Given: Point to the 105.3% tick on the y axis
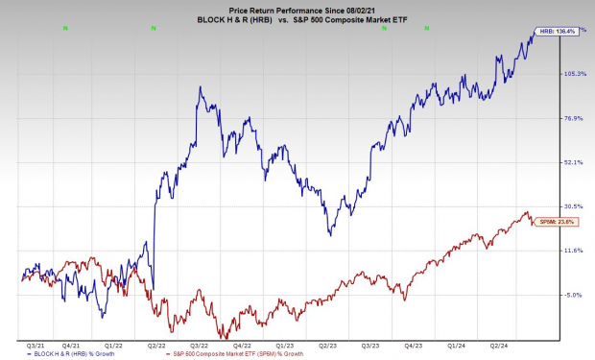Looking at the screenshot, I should [x=574, y=74].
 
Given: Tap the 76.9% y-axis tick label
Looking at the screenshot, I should [x=574, y=118].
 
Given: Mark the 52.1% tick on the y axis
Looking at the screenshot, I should [x=574, y=162].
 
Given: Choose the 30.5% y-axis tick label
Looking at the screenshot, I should [x=574, y=206].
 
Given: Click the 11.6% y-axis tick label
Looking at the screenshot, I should [x=574, y=251].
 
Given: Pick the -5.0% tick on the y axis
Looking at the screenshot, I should [x=574, y=295].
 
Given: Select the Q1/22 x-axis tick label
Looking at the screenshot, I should [x=113, y=344].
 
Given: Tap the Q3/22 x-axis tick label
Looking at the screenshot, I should [x=200, y=344].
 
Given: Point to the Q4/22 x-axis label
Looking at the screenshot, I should [x=242, y=344].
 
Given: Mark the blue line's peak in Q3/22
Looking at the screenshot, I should [x=200, y=88].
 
